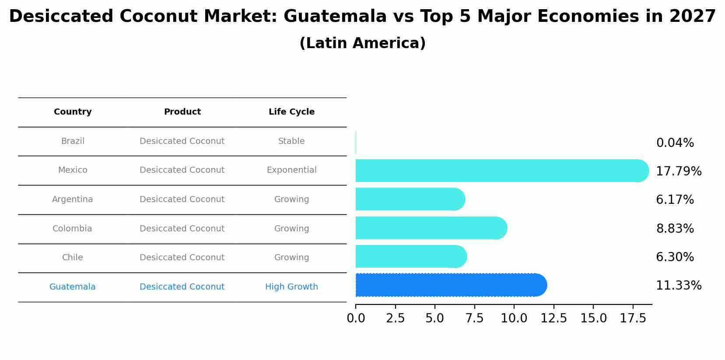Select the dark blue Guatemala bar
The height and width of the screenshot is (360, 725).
pyautogui.click(x=451, y=285)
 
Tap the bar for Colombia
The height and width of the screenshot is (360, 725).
pyautogui.click(x=431, y=228)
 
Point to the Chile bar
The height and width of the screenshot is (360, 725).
pyautogui.click(x=411, y=256)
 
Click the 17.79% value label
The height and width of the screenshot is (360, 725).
pyautogui.click(x=679, y=171)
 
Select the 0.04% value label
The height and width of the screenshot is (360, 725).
pyautogui.click(x=675, y=143)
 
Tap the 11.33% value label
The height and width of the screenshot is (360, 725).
pyautogui.click(x=679, y=286)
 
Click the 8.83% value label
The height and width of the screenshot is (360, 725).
pyautogui.click(x=675, y=228)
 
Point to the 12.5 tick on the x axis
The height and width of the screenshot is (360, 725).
pyautogui.click(x=553, y=318)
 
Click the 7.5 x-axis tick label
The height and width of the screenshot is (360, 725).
pyautogui.click(x=474, y=318)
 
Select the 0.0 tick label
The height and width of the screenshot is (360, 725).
pyautogui.click(x=356, y=318)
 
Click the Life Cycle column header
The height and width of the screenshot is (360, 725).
pyautogui.click(x=291, y=112)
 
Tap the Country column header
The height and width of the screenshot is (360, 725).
pyautogui.click(x=73, y=112)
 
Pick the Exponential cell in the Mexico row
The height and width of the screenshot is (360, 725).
pyautogui.click(x=291, y=170)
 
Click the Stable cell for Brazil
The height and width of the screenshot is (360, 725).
pyautogui.click(x=291, y=141)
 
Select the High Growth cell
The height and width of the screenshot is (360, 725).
pyautogui.click(x=291, y=287)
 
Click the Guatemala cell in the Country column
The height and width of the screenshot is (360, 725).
pyautogui.click(x=73, y=287)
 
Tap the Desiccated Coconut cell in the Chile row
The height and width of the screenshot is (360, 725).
pyautogui.click(x=182, y=258)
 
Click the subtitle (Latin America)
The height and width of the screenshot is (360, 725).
pyautogui.click(x=362, y=43)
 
